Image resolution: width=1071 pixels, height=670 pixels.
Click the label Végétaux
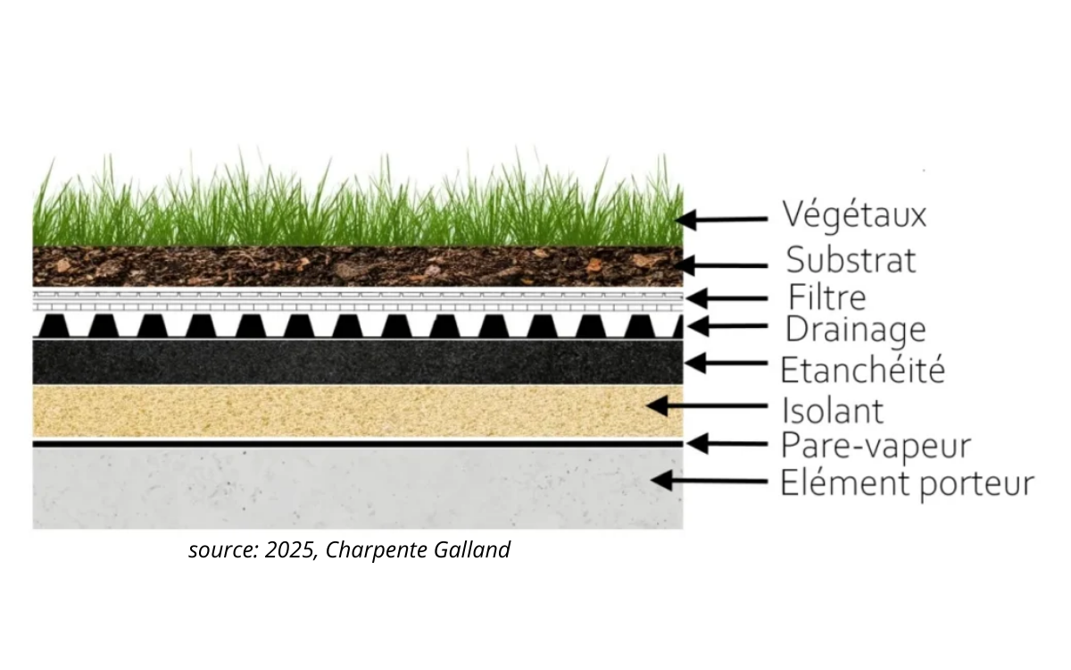pyautogui.click(x=854, y=215)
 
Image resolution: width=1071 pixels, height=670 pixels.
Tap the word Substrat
pyautogui.click(x=851, y=260)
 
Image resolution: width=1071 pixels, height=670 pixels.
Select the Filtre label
pyautogui.click(x=827, y=297)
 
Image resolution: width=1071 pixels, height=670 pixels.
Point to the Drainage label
pyautogui.click(x=855, y=331)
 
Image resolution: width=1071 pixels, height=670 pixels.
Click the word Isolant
pyautogui.click(x=833, y=411)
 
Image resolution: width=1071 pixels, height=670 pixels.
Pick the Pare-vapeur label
pyautogui.click(x=876, y=447)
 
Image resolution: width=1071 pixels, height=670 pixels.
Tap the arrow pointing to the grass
pyautogui.click(x=721, y=220)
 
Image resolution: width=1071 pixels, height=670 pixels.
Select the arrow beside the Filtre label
pyautogui.click(x=726, y=298)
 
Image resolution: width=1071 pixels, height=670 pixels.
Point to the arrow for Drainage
pyautogui.click(x=726, y=326)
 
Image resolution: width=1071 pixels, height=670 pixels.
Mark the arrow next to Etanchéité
pyautogui.click(x=726, y=364)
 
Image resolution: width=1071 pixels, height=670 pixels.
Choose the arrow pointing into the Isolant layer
pyautogui.click(x=707, y=406)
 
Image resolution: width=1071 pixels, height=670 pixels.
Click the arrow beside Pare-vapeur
pyautogui.click(x=726, y=444)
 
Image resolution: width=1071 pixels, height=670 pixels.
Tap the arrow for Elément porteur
pyautogui.click(x=709, y=481)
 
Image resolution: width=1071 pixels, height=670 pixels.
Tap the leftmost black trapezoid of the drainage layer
pyautogui.click(x=54, y=326)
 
